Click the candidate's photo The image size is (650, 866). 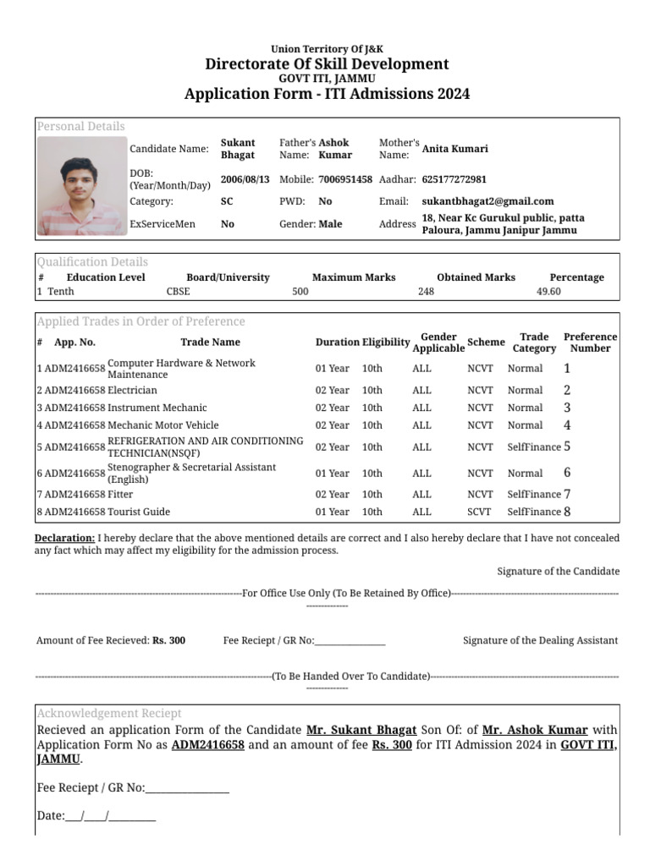coord(81,186)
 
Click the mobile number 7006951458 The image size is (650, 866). coord(345,179)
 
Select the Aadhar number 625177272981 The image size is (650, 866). coord(454,179)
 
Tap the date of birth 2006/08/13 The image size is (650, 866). coord(245,179)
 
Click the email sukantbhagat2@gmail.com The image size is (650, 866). coord(488,201)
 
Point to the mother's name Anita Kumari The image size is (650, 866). coord(454,149)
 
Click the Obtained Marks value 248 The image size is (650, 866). coord(426,291)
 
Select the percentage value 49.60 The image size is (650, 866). coord(548,291)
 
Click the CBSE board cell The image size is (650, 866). coord(179,291)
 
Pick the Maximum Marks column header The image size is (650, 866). coord(354,277)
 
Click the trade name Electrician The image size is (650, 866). coord(132,390)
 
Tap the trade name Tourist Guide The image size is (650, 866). coord(139,512)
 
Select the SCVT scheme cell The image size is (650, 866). coord(480,512)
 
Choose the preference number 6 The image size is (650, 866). coord(567,473)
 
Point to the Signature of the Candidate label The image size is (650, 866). coord(558,572)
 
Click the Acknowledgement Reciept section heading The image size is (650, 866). coord(108,713)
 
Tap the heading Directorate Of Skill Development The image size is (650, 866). coord(327,64)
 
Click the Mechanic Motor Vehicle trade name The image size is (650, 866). coord(163,425)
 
